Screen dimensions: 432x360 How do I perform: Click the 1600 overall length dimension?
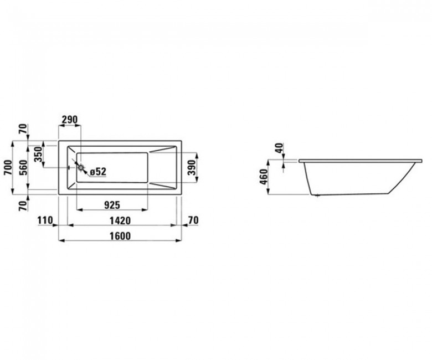coord(120,236)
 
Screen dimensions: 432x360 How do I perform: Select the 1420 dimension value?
coord(120,220)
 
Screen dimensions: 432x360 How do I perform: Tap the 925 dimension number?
coord(112,205)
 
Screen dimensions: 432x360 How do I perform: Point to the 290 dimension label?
coord(70,120)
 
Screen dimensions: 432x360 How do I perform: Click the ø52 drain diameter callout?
coord(98,172)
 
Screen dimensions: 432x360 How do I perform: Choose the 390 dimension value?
coord(192,167)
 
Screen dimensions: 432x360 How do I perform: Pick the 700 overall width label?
coord(8,167)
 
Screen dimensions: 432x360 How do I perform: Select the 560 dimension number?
coord(24,167)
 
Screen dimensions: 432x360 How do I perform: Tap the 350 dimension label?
coord(39,154)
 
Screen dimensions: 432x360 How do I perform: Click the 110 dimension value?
coord(45,220)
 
